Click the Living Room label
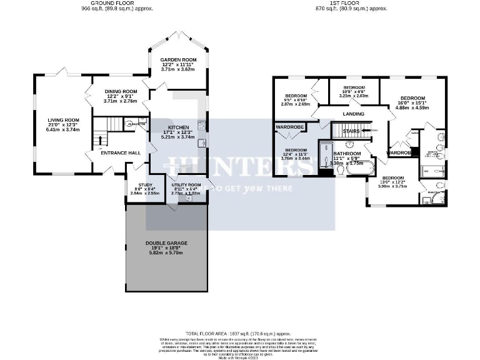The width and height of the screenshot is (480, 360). pos(64,120)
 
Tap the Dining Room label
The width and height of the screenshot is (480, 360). pos(117,92)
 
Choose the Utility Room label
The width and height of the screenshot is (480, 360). pos(186,186)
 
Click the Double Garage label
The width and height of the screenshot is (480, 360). pos(166,242)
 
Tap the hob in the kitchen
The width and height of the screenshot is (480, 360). pos(202,124)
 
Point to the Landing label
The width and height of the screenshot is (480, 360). pos(354,114)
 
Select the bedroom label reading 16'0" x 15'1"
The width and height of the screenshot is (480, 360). pos(413,99)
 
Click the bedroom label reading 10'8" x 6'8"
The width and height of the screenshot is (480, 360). pos(354,87)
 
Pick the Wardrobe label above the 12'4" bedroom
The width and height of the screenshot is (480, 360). pos(290,127)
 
